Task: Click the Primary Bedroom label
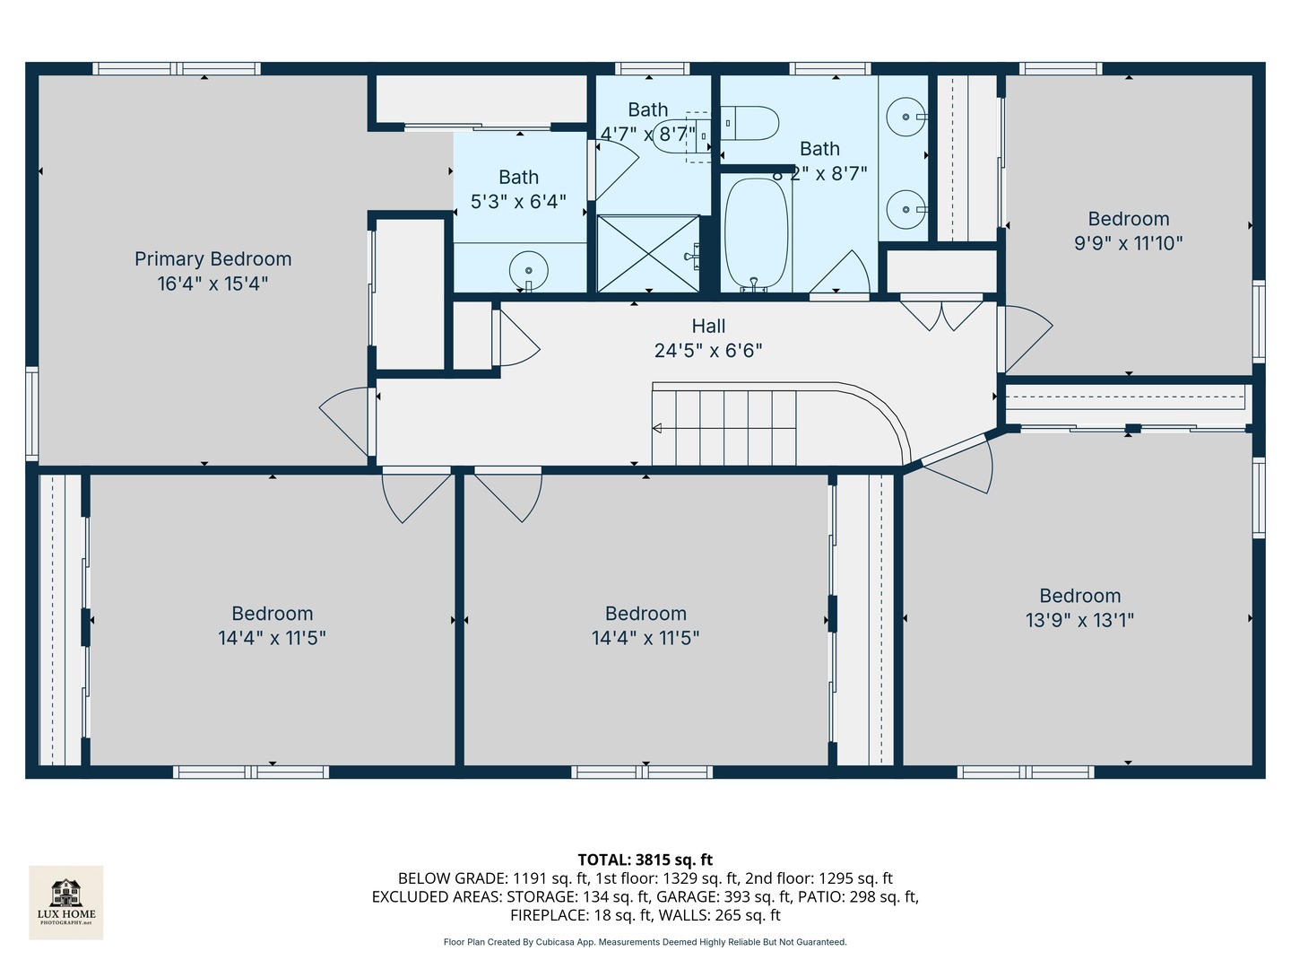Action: click(x=212, y=259)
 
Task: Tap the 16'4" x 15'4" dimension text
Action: click(x=212, y=284)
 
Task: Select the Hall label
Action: click(x=708, y=327)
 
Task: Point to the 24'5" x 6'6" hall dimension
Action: click(x=708, y=351)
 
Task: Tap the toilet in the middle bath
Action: click(x=749, y=123)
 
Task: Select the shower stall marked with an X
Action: click(x=648, y=253)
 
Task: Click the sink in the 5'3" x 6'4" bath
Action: click(x=528, y=269)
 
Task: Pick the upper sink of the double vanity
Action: click(x=905, y=117)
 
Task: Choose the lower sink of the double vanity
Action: click(x=905, y=209)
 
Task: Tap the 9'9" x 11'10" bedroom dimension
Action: click(x=1128, y=243)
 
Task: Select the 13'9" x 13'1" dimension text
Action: click(x=1079, y=620)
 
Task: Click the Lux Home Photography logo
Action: click(x=66, y=902)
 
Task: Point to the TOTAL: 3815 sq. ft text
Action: click(x=645, y=860)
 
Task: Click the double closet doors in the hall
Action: click(x=941, y=313)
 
